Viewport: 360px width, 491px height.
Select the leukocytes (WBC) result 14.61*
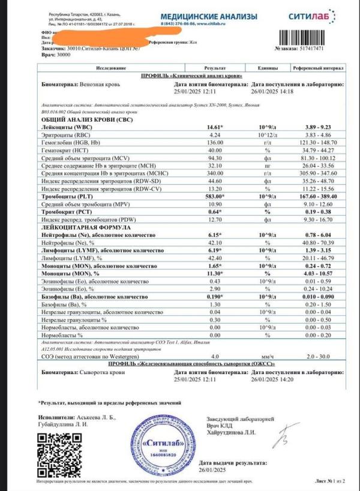[x=214, y=128]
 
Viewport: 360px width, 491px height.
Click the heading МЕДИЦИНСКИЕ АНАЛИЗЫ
[x=210, y=17]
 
